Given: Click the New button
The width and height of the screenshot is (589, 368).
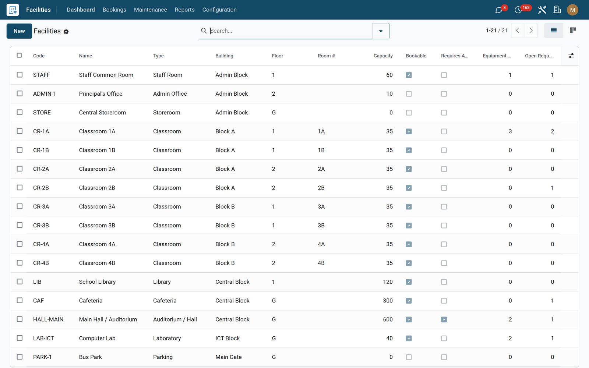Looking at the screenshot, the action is [x=19, y=31].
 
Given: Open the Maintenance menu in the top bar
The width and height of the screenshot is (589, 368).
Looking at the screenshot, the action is [x=151, y=10].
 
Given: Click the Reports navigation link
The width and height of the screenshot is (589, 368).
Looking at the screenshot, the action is [x=184, y=10].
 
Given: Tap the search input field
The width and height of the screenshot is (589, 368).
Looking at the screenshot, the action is [x=289, y=31].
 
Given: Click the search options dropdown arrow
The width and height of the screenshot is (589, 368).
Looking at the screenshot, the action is [x=381, y=31].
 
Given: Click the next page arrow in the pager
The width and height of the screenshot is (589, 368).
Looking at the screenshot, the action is [x=531, y=31].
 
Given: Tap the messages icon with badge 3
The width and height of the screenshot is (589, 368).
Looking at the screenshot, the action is [x=498, y=10].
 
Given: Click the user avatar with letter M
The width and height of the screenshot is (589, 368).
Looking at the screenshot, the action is [x=572, y=10].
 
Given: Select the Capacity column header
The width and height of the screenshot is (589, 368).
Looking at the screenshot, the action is [x=383, y=56].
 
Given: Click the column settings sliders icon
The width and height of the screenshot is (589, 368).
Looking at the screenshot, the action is [x=571, y=56].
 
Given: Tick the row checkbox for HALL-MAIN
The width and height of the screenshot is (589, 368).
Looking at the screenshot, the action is [x=20, y=319].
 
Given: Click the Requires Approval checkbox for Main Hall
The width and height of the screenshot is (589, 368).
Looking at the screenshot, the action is [x=444, y=319].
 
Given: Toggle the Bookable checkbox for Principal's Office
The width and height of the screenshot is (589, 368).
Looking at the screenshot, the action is [x=409, y=94].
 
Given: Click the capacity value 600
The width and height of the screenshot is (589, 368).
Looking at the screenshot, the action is [x=388, y=319].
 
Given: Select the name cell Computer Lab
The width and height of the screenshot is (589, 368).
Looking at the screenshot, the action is [x=97, y=338].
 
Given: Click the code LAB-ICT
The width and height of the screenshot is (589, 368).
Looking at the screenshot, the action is [x=43, y=338].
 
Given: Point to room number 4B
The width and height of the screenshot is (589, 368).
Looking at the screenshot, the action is [x=321, y=263].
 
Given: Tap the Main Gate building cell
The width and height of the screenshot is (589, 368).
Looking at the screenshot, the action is [x=228, y=357].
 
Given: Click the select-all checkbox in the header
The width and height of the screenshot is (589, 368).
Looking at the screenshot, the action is [x=19, y=55].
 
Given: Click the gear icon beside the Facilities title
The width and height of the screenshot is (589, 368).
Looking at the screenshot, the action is [x=66, y=32].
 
